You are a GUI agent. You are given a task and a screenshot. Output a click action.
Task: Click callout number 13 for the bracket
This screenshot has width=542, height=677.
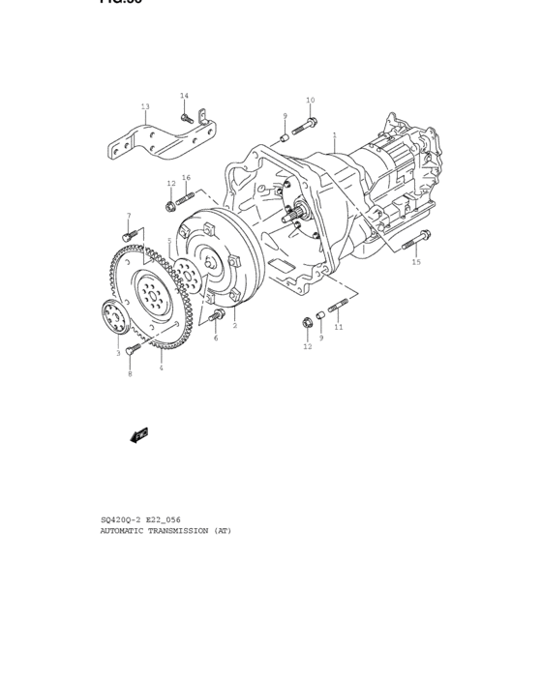(x=145, y=106)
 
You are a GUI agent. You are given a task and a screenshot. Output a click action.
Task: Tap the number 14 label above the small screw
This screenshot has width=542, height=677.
(x=184, y=96)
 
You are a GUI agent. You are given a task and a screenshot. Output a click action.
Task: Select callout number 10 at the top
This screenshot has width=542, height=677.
(x=311, y=101)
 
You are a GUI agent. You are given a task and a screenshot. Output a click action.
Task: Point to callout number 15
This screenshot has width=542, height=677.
(x=416, y=262)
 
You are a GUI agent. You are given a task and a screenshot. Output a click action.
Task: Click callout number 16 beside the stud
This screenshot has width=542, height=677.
(x=186, y=178)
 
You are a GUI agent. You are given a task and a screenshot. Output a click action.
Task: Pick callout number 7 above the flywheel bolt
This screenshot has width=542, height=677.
(x=128, y=217)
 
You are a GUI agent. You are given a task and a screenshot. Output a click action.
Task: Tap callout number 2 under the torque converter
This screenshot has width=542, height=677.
(x=234, y=326)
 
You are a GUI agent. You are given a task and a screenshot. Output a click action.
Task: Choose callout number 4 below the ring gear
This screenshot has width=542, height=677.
(x=161, y=368)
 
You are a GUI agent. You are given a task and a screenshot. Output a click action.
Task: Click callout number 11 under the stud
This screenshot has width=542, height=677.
(x=339, y=328)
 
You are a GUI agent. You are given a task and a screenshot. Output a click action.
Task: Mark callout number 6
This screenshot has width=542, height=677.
(x=215, y=338)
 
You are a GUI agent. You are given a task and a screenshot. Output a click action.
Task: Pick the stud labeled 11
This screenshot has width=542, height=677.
(x=337, y=309)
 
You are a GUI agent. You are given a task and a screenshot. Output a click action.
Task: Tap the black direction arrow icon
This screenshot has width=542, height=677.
(x=138, y=434)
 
